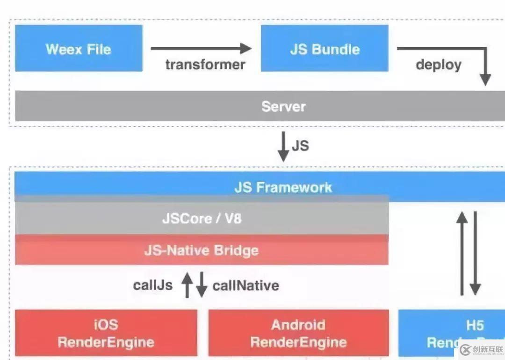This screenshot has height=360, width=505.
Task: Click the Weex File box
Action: pos(79,49)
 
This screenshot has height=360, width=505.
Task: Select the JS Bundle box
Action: pos(325,49)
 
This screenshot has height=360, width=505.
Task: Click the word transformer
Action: pos(205,64)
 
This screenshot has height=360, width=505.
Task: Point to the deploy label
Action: pos(438,64)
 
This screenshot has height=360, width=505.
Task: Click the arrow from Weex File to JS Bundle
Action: pos(201,48)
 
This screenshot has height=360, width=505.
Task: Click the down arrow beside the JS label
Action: pos(283,147)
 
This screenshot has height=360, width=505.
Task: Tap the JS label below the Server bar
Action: pos(300,145)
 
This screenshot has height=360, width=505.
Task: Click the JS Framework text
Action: pos(283,187)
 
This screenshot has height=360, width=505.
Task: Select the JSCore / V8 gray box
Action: pos(202,218)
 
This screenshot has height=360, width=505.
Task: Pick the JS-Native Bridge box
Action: pos(202,250)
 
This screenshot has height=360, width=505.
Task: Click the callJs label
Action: pos(152,285)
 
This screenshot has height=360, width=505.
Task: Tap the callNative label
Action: pos(245,285)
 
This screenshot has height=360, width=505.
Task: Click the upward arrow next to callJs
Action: pos(187,285)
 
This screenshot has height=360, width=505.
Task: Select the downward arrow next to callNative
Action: pos(202,285)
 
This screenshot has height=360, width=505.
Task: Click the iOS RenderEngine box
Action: pos(106,333)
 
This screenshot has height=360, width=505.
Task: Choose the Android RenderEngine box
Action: pos(298,333)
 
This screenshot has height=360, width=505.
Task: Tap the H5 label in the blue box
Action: pos(474,325)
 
